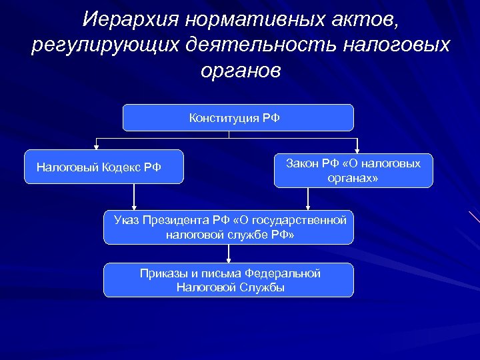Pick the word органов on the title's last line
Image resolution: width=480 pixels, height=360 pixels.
(241, 71)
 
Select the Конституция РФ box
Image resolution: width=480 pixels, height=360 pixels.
(238, 118)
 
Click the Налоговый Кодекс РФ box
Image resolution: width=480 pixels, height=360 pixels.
(103, 167)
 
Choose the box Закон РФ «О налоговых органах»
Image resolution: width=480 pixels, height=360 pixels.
(353, 171)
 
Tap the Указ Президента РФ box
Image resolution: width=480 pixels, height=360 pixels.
(229, 227)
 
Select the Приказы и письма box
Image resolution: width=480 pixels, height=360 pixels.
(229, 280)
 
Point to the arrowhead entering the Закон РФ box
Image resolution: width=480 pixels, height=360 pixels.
(357, 149)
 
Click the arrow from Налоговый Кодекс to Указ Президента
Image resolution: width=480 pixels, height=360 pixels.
(135, 197)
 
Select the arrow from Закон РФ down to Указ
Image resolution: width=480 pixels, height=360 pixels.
(307, 199)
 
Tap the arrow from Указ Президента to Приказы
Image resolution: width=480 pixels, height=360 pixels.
(229, 253)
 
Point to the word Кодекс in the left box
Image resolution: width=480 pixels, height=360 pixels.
(121, 167)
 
